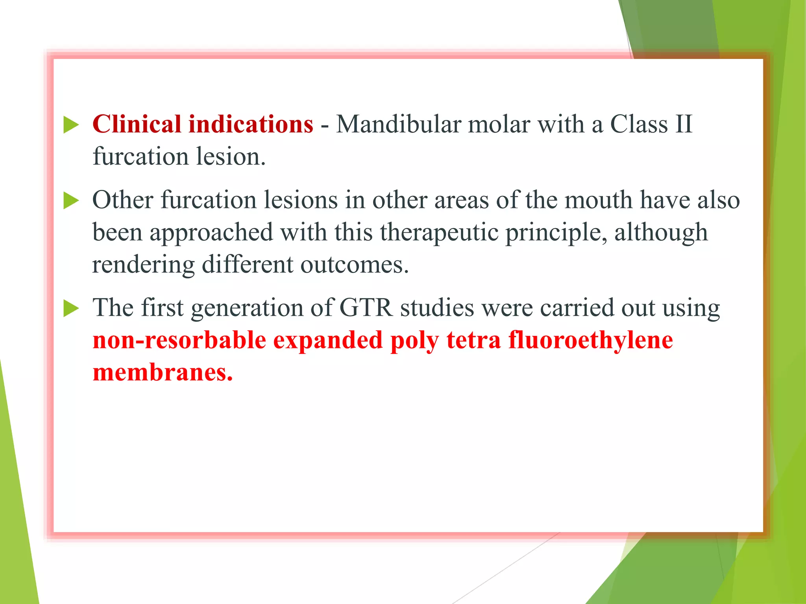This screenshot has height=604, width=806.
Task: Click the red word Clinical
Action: point(137,124)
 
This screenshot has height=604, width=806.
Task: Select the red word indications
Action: point(251,124)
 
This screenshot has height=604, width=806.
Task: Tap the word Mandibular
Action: point(398,124)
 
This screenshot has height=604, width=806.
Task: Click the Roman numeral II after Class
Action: point(683,124)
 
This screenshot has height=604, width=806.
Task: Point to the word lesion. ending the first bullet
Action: point(231,157)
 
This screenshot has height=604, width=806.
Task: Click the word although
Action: point(661,232)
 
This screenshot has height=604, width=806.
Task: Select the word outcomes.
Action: point(355,264)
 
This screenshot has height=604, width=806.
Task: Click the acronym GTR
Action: point(366,308)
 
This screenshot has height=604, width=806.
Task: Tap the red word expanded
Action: point(327,341)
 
